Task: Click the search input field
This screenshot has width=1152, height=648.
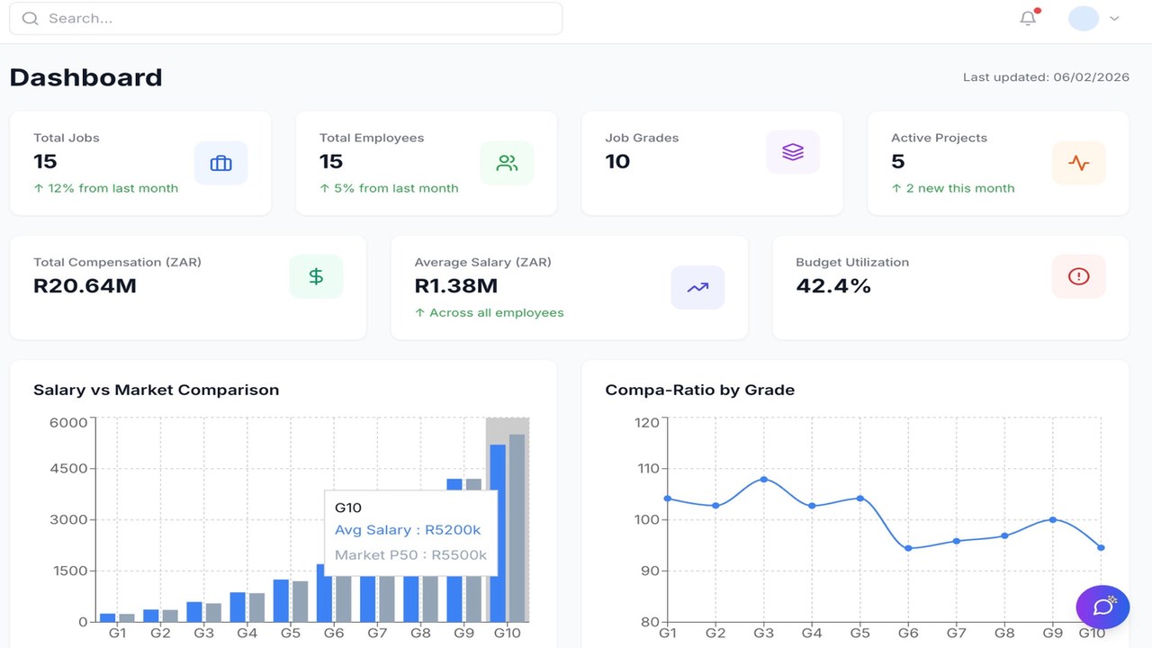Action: [x=286, y=19]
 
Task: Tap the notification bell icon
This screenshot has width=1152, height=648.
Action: [x=1028, y=18]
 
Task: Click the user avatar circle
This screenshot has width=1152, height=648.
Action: [x=1084, y=19]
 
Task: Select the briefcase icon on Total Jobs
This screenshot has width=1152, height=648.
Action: [x=221, y=163]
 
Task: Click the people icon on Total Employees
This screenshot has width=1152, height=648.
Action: [x=507, y=163]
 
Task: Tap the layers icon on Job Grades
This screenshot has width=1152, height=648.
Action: [x=793, y=152]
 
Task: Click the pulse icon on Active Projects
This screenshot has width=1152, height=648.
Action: [x=1079, y=163]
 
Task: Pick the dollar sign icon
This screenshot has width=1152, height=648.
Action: [x=316, y=276]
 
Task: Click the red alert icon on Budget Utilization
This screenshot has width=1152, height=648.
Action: [x=1079, y=276]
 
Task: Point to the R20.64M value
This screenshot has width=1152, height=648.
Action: [x=85, y=286]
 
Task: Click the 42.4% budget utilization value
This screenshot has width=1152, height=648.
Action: [x=833, y=286]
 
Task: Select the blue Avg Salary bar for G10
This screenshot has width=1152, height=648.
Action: [x=498, y=534]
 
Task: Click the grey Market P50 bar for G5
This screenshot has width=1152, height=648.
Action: [x=301, y=602]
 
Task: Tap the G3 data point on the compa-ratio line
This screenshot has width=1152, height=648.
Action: [x=764, y=480]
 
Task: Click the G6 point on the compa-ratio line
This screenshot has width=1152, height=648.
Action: [x=908, y=548]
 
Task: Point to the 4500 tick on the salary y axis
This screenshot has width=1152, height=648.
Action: [x=68, y=469]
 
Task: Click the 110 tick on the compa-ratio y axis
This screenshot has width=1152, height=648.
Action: [x=648, y=469]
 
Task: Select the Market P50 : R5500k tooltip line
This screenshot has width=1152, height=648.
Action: [x=410, y=555]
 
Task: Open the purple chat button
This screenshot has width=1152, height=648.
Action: [x=1102, y=607]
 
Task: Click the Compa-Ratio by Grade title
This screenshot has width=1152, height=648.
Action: [x=700, y=390]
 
